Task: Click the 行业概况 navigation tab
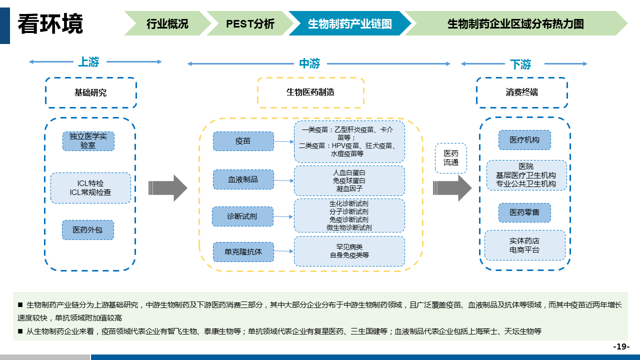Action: pyautogui.click(x=167, y=23)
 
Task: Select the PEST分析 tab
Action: pyautogui.click(x=250, y=23)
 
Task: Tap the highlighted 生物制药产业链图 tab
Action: pyautogui.click(x=349, y=23)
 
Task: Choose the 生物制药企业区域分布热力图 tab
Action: pyautogui.click(x=515, y=23)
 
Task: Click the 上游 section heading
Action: pyautogui.click(x=88, y=62)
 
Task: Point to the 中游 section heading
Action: pyautogui.click(x=309, y=63)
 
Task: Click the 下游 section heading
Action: pyautogui.click(x=520, y=64)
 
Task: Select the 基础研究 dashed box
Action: pyautogui.click(x=90, y=92)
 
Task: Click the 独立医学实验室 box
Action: pyautogui.click(x=88, y=141)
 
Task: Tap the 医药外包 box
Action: pyautogui.click(x=88, y=229)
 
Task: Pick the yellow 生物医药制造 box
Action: pyautogui.click(x=310, y=92)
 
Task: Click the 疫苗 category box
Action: pyautogui.click(x=243, y=141)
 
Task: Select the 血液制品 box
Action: pyautogui.click(x=243, y=179)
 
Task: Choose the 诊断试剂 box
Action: pyautogui.click(x=243, y=216)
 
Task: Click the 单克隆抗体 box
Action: pyautogui.click(x=243, y=251)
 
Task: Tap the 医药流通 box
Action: pyautogui.click(x=450, y=158)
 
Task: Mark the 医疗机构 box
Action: pyautogui.click(x=524, y=140)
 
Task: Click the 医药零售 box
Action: pyautogui.click(x=524, y=212)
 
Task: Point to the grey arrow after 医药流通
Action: pyautogui.click(x=452, y=188)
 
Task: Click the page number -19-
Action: pyautogui.click(x=621, y=346)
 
